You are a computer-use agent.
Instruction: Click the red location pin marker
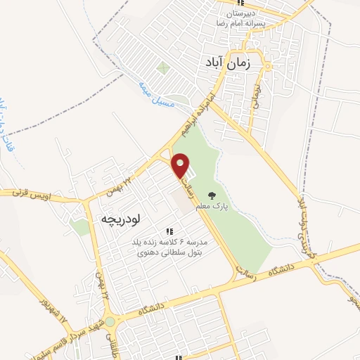point(181,166)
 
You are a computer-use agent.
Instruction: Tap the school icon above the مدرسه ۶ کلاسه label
point(168,231)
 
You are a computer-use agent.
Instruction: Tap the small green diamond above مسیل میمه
point(163,69)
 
